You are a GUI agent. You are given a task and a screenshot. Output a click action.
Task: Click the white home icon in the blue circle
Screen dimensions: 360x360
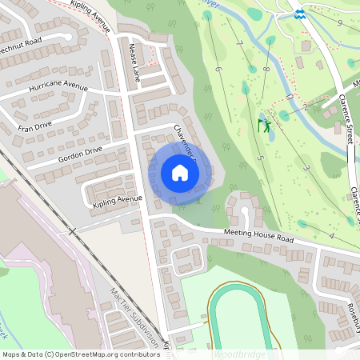(180, 173)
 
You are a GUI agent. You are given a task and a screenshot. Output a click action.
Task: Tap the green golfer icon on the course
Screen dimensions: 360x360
(264, 124)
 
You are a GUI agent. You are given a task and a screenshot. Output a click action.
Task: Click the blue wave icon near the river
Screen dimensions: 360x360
(298, 13)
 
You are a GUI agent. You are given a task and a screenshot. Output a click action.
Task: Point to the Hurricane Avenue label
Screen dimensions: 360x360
(58, 85)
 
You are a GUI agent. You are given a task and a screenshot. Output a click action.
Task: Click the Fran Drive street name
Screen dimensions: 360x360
(35, 126)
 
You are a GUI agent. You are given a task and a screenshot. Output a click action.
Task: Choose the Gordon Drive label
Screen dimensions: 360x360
(80, 154)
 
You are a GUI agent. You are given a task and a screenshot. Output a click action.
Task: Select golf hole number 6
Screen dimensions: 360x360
(218, 69)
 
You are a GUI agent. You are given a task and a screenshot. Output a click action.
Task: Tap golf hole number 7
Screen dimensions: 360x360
(240, 42)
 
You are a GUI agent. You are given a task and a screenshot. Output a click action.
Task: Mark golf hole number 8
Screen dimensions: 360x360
(265, 70)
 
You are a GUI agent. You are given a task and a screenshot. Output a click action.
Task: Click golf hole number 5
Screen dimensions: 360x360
(260, 158)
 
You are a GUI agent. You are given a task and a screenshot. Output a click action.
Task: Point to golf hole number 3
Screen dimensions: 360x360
(307, 168)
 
